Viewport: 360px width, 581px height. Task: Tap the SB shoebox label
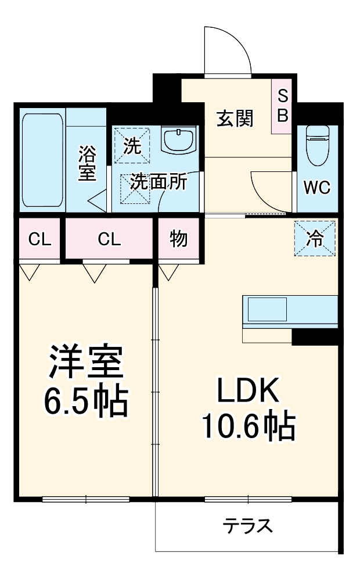pyautogui.click(x=282, y=106)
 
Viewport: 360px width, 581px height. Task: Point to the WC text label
pyautogui.click(x=317, y=188)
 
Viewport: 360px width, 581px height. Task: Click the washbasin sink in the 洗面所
pyautogui.click(x=179, y=141)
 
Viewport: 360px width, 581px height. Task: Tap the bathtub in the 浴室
pyautogui.click(x=42, y=160)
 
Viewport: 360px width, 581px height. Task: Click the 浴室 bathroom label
pyautogui.click(x=87, y=164)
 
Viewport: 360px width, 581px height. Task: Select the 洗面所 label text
pyautogui.click(x=158, y=182)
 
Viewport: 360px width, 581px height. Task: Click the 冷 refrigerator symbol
pyautogui.click(x=314, y=239)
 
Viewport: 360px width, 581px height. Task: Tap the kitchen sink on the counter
pyautogui.click(x=267, y=309)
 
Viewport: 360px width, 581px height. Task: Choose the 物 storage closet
pyautogui.click(x=178, y=239)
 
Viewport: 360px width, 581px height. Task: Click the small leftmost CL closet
pyautogui.click(x=39, y=239)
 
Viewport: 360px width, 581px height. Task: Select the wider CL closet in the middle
pyautogui.click(x=109, y=239)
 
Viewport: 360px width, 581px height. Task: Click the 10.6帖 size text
pyautogui.click(x=249, y=428)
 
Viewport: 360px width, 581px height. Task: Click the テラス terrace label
pyautogui.click(x=247, y=526)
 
